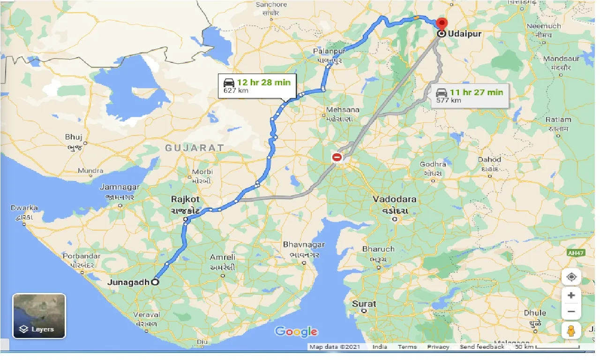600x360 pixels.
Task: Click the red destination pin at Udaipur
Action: tap(442, 23)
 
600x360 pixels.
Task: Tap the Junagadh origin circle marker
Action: tap(155, 282)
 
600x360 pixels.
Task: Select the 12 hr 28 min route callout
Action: tap(257, 86)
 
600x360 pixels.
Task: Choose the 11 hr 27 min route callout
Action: tap(470, 96)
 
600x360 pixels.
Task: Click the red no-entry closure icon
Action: tap(337, 157)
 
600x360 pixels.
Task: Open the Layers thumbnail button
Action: tap(39, 316)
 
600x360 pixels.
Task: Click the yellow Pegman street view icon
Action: tap(571, 330)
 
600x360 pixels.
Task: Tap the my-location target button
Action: tap(571, 277)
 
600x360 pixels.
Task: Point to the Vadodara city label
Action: tap(395, 199)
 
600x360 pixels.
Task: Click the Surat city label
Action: tap(364, 304)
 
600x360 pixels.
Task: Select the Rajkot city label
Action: tap(185, 199)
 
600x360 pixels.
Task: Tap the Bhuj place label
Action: tap(74, 137)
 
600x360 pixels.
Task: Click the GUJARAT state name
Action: tap(194, 148)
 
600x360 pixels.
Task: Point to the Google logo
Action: tap(296, 332)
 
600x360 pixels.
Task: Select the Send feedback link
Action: tap(481, 347)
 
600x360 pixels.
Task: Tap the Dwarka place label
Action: tap(24, 208)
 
